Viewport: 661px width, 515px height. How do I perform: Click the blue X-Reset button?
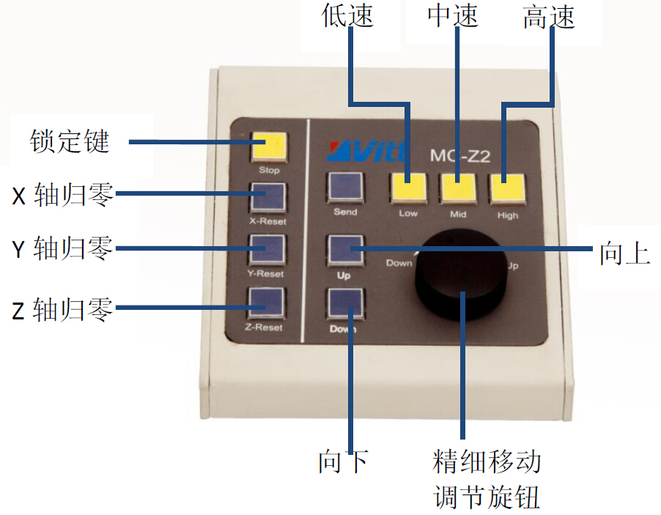click(267, 196)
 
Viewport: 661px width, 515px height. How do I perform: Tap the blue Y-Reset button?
click(267, 249)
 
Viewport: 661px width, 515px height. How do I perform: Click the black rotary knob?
click(462, 275)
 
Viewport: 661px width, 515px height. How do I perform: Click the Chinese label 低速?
click(347, 16)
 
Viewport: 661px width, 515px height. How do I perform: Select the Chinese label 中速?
click(453, 16)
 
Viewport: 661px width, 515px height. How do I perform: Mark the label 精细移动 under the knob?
click(487, 462)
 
